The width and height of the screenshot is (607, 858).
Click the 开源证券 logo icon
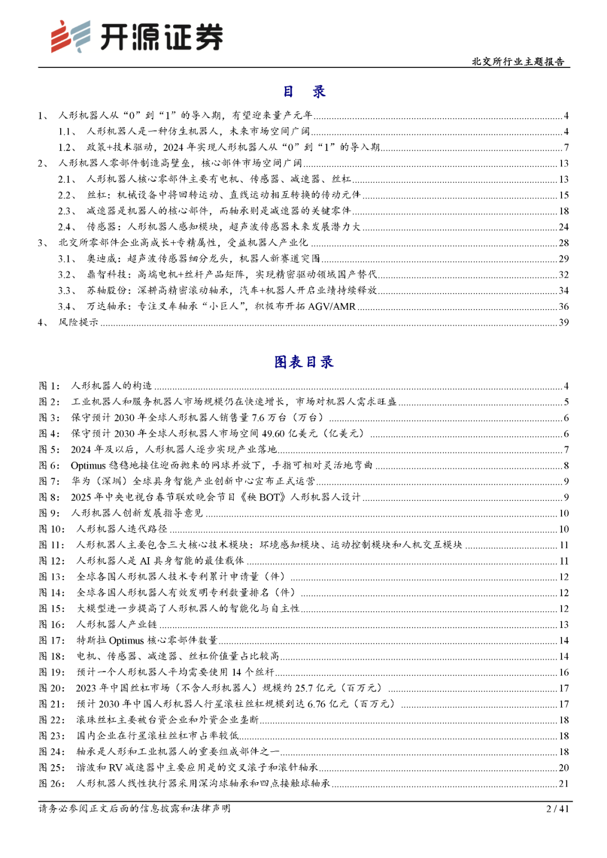(x=70, y=37)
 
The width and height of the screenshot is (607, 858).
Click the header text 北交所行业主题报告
(x=518, y=61)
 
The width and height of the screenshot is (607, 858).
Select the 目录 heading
(x=303, y=92)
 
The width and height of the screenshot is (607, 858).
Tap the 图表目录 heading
(x=303, y=362)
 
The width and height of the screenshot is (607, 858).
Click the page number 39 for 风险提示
(x=564, y=322)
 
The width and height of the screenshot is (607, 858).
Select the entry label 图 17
(x=52, y=640)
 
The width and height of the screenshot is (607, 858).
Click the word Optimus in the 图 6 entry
(x=88, y=466)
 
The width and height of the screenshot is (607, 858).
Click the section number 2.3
(x=66, y=211)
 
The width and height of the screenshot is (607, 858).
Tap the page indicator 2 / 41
(x=558, y=809)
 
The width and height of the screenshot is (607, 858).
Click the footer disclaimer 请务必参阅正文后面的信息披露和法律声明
(x=134, y=809)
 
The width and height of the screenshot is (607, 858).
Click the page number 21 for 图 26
(x=564, y=783)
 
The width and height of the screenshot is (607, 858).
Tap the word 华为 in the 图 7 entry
(x=80, y=481)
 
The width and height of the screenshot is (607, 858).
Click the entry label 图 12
(x=52, y=561)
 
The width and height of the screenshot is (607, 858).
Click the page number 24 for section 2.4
(x=564, y=227)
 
